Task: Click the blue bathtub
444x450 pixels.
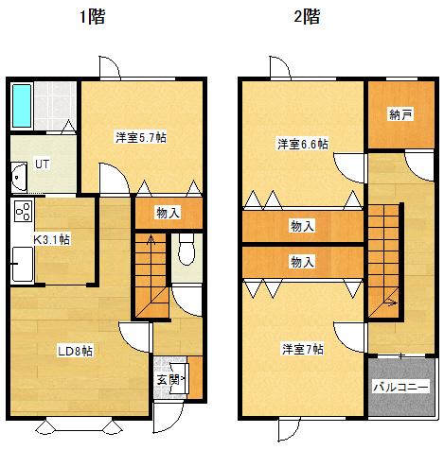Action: tap(22, 106)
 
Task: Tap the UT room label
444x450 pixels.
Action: tap(42, 164)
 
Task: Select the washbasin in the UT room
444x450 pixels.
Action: tap(19, 177)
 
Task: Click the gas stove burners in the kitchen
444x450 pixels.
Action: tap(24, 211)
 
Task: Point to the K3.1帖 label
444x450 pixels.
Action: tap(52, 240)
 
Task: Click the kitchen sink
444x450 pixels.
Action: tap(22, 264)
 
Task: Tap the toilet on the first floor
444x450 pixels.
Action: tap(186, 250)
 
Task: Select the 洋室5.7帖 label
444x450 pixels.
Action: tap(141, 138)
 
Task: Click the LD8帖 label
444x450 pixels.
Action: tap(75, 351)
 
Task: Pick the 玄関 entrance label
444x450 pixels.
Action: tap(169, 379)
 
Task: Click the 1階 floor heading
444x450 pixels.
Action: tap(92, 16)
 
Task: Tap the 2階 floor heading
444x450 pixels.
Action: tap(307, 16)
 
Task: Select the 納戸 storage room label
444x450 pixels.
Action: tap(400, 114)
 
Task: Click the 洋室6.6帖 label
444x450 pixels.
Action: tap(303, 144)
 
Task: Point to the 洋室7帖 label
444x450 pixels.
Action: tap(303, 349)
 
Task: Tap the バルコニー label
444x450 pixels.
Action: tap(401, 387)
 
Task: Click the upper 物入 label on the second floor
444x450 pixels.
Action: tap(302, 226)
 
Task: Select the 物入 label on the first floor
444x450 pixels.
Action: tap(169, 214)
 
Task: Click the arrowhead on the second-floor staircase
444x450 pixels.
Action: tap(393, 303)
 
